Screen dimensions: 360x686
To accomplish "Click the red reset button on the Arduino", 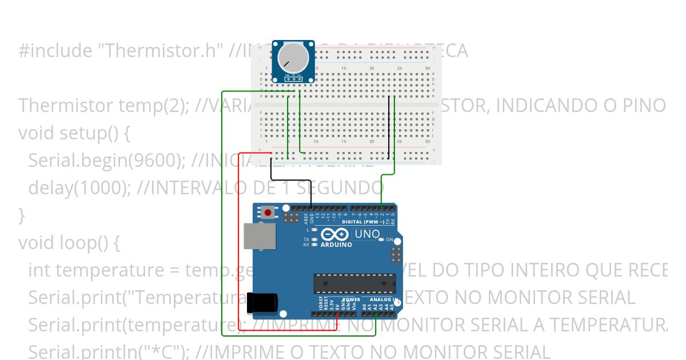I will (268, 213).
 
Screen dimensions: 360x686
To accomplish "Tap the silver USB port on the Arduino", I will (260, 235).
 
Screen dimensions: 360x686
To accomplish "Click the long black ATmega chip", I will (354, 283).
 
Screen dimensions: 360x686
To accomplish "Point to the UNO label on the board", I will (367, 234).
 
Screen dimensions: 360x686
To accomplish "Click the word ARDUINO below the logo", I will (336, 245).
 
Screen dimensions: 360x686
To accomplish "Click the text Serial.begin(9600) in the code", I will (106, 161).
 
